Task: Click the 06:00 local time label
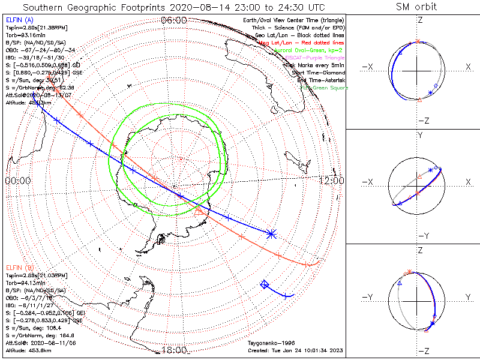pos(174,20)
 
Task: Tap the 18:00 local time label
pos(174,350)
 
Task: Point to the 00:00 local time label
pos(17,181)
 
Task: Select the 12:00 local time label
pos(331,181)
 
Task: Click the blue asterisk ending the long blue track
pos(272,233)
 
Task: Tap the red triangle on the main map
pos(200,209)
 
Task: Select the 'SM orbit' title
pos(416,7)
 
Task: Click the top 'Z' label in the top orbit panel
pos(420,19)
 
